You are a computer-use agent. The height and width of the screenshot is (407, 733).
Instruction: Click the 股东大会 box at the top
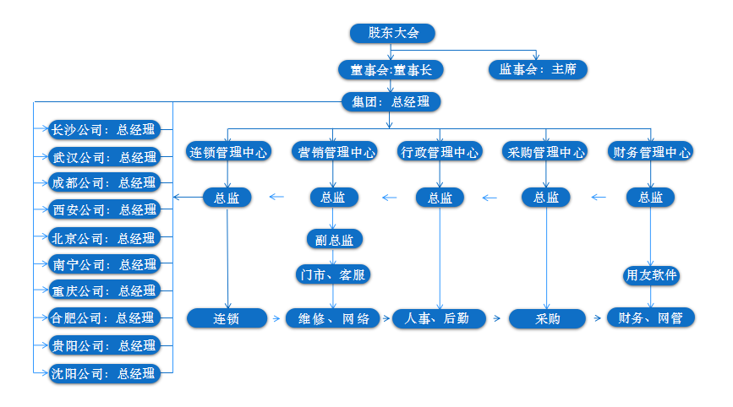(x=392, y=33)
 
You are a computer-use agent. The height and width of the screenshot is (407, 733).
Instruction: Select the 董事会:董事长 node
(x=390, y=69)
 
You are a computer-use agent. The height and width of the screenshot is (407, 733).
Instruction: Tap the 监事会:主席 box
(x=537, y=69)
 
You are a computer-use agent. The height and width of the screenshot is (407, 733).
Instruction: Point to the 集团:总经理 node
(x=390, y=102)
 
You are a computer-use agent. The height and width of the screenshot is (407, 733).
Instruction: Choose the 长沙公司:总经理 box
(x=103, y=129)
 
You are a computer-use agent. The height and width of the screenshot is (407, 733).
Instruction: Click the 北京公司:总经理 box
(x=103, y=237)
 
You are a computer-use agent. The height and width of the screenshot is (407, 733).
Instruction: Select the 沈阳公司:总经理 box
(x=103, y=372)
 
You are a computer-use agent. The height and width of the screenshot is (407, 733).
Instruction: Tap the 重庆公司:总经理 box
(x=103, y=290)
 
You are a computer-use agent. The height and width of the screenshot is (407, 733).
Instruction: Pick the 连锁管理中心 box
(x=227, y=153)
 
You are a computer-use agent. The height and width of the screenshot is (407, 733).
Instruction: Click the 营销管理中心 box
(x=334, y=153)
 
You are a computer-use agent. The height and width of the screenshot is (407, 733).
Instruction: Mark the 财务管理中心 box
(x=650, y=153)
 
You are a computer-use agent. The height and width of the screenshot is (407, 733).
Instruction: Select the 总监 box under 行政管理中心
(x=440, y=198)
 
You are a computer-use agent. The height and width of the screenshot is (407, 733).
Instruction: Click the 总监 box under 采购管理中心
(x=545, y=198)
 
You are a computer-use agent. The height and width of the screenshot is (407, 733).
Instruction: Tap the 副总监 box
(x=334, y=239)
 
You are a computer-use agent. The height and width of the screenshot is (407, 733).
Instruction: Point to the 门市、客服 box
(x=334, y=274)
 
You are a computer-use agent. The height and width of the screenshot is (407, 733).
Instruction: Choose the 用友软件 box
(x=651, y=275)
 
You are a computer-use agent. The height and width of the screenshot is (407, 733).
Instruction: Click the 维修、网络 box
(x=334, y=318)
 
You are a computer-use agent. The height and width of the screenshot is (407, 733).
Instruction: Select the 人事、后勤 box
(x=440, y=318)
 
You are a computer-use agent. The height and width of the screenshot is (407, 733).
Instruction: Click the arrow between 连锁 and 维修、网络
(x=276, y=318)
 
